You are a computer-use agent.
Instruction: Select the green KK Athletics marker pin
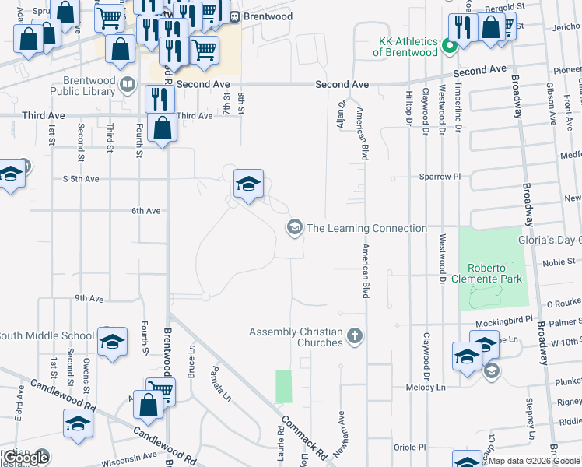click(x=448, y=46)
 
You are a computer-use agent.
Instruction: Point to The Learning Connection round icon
click(x=294, y=228)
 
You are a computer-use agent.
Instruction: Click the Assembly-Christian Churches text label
click(x=296, y=337)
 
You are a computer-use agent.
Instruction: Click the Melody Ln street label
click(x=425, y=387)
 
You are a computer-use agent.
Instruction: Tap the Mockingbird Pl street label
click(x=506, y=319)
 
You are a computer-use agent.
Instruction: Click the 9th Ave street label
click(x=89, y=298)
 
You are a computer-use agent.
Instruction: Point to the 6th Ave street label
click(x=145, y=211)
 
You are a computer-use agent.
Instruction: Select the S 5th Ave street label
click(x=81, y=179)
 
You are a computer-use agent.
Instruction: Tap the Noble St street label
click(x=537, y=262)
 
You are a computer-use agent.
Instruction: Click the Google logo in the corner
click(x=25, y=458)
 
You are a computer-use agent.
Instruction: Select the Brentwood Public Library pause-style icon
click(x=126, y=84)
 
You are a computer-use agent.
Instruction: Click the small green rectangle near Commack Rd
click(x=283, y=386)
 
